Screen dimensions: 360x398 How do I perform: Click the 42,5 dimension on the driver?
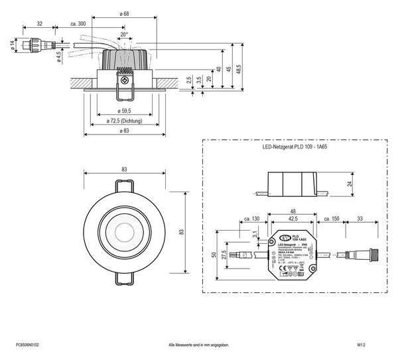291,217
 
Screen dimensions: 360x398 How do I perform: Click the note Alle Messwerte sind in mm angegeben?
199,346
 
